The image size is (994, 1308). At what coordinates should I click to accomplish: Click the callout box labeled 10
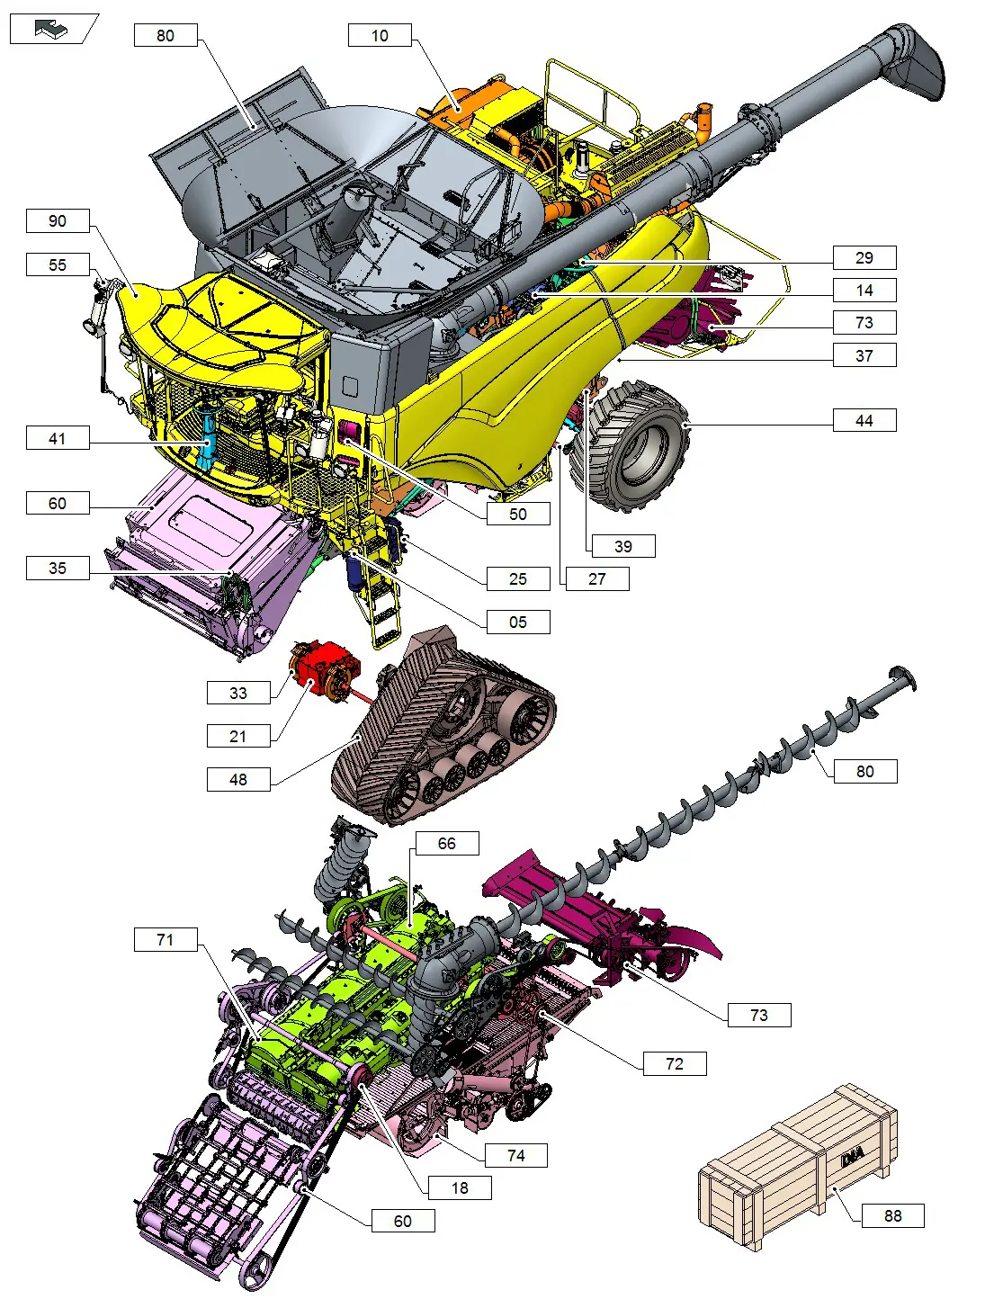click(x=380, y=36)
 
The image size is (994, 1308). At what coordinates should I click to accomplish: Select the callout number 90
click(x=58, y=221)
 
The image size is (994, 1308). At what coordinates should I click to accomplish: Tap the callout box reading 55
click(x=58, y=265)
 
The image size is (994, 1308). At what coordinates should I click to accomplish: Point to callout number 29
click(x=864, y=258)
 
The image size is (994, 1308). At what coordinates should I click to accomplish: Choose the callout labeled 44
click(x=864, y=421)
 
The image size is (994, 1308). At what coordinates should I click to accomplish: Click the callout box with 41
click(x=58, y=439)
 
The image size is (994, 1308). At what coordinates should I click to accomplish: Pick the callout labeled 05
click(x=517, y=623)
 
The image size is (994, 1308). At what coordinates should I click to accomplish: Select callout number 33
click(x=237, y=694)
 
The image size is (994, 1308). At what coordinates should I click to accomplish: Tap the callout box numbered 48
click(x=237, y=780)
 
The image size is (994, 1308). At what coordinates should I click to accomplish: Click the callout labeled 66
click(x=446, y=844)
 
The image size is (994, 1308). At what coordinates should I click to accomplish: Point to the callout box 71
click(x=166, y=940)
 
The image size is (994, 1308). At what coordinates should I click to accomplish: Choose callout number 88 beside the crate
click(x=892, y=1216)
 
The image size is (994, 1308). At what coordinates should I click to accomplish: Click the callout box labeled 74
click(x=515, y=1156)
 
